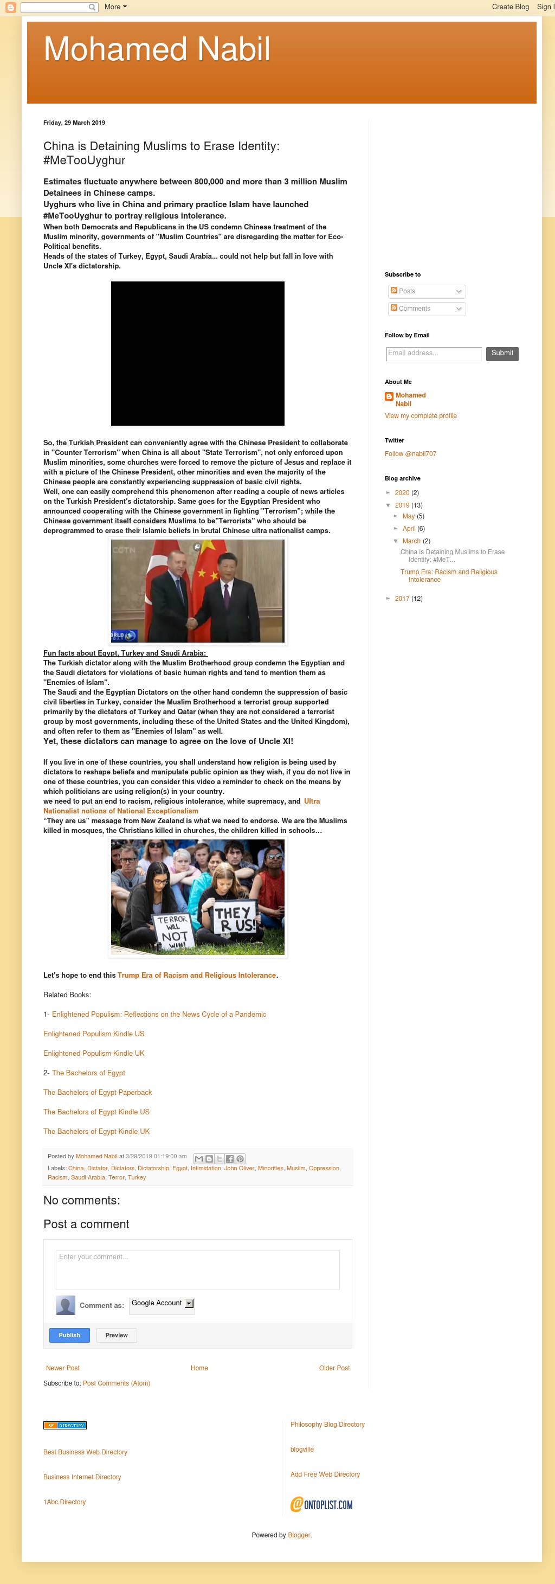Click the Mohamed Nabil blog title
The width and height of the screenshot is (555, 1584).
(x=157, y=49)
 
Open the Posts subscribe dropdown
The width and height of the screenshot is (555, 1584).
(x=427, y=291)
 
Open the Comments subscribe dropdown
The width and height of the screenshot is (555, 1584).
(x=427, y=309)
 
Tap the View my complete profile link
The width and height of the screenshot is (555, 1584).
(x=421, y=416)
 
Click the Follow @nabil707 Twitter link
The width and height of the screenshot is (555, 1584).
(x=410, y=454)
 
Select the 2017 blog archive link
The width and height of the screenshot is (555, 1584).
(x=402, y=599)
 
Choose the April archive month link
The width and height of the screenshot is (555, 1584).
(x=409, y=529)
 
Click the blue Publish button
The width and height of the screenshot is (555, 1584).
(x=69, y=1335)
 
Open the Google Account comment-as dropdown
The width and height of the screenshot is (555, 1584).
(x=162, y=1303)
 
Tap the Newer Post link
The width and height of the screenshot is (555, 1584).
(x=63, y=1368)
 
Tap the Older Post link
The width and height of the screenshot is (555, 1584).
(x=334, y=1368)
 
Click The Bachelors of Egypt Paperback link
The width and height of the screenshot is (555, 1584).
(x=97, y=1093)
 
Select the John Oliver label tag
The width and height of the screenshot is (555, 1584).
(x=239, y=1168)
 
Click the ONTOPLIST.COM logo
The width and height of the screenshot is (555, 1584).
(x=321, y=1505)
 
